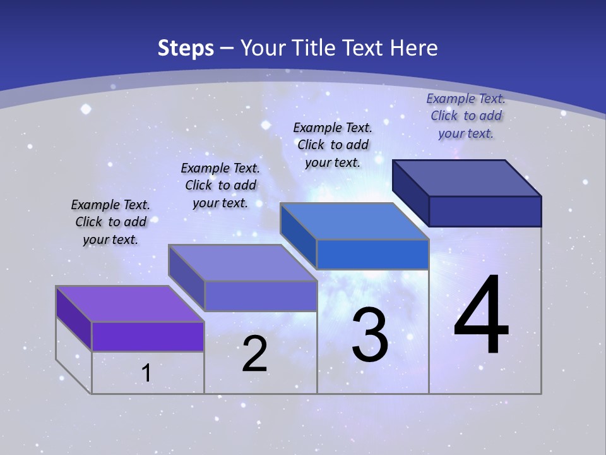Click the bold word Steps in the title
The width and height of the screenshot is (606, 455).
186,48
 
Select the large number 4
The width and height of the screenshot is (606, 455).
481,316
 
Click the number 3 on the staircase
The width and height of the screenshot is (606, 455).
370,335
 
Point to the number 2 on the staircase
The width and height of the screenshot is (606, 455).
254,354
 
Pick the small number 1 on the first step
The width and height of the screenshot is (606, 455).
146,373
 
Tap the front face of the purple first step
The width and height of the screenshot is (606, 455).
148,336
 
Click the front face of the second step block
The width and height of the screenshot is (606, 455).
260,296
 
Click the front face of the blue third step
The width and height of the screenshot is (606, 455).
372,255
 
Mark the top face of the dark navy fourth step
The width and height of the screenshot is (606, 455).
466,178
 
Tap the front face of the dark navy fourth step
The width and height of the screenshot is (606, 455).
485,211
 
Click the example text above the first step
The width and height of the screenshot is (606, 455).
110,222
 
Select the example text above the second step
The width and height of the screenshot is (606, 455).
220,185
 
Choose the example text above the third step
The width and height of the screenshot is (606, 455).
333,145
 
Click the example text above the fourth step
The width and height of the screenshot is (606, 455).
466,116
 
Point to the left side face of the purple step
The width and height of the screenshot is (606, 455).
74,318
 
